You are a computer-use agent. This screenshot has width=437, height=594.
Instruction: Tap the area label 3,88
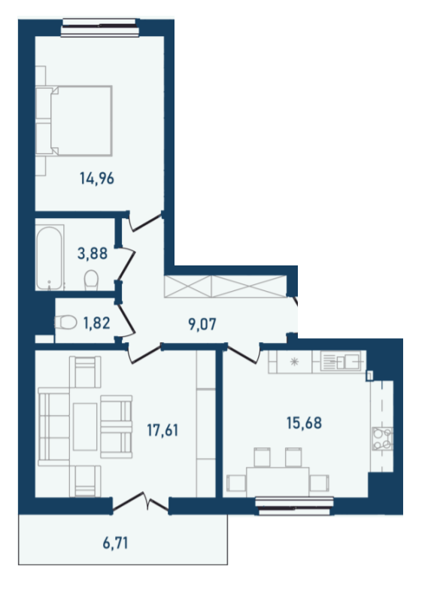pos(92,253)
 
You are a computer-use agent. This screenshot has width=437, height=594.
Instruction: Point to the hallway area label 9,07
pos(202,326)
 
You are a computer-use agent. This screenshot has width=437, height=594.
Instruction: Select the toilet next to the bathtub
pos(92,280)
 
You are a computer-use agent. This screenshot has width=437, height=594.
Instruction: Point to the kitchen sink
pos(341,362)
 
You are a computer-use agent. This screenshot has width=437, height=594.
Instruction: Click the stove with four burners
pos(382,439)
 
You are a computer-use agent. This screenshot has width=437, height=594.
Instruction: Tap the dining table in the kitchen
pos(278,480)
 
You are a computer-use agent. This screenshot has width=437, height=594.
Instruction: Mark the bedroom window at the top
pos(100,30)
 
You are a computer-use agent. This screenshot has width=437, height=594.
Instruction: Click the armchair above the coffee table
pos(84,373)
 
